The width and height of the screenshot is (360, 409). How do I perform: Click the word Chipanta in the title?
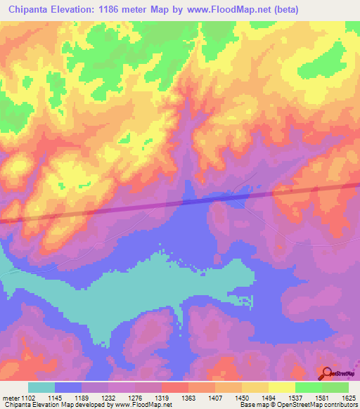[29, 9]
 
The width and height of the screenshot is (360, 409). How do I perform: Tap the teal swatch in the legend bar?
[41, 387]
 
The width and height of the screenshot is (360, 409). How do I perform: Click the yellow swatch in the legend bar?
[281, 387]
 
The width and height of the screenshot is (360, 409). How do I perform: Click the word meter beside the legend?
[11, 398]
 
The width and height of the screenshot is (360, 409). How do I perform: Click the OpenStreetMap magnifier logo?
[326, 373]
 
